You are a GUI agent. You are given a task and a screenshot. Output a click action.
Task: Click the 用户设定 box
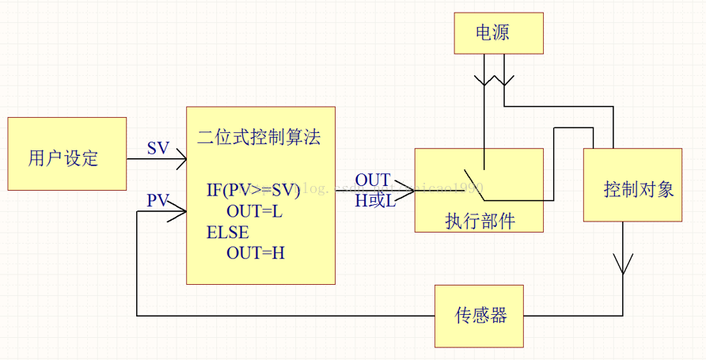coord(66,154)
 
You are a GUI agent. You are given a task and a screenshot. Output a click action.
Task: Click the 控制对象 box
coord(632,185)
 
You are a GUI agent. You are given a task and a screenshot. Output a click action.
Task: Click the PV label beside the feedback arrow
coord(158,201)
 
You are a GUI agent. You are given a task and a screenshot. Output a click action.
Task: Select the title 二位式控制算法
coord(259,135)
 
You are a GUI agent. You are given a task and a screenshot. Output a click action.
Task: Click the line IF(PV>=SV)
coord(253,190)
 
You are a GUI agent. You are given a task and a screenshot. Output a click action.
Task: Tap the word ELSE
coord(227,233)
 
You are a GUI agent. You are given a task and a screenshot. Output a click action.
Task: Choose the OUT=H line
coord(256,253)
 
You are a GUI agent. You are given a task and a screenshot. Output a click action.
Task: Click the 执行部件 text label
coord(480,221)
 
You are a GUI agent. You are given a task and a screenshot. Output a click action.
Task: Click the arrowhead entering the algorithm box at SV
coord(180,159)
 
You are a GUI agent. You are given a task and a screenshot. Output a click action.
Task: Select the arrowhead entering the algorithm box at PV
coord(180,211)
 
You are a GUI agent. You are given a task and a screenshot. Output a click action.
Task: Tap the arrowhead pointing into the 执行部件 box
coord(409,191)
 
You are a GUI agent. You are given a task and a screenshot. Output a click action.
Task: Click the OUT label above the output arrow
coord(372,180)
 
